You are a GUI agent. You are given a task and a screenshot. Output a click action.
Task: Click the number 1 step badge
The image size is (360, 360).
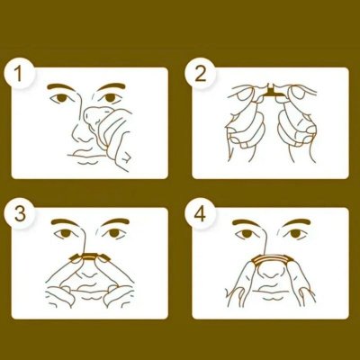[x=19, y=74]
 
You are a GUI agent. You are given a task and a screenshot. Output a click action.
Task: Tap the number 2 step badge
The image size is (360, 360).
[x=200, y=74]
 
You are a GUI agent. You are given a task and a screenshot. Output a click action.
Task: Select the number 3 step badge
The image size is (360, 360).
[x=20, y=213]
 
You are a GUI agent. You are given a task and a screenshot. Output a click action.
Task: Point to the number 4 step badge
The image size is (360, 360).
[x=200, y=213]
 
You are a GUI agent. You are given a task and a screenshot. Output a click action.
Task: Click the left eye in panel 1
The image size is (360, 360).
[x=61, y=98]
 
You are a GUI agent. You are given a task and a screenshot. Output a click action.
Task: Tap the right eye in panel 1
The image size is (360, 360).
[x=110, y=97]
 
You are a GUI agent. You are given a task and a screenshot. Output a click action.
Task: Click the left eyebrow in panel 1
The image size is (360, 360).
[x=60, y=86]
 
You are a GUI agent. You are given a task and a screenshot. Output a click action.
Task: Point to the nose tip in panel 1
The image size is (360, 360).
[x=80, y=138]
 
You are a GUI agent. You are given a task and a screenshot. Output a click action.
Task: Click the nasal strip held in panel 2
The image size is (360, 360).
[x=273, y=93]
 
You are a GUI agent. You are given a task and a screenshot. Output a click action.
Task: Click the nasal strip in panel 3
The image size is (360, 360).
[x=89, y=257]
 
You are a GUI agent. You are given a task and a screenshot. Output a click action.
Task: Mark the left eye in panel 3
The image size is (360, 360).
[x=64, y=233]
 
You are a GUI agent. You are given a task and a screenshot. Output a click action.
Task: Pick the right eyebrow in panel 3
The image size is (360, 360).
[x=115, y=223]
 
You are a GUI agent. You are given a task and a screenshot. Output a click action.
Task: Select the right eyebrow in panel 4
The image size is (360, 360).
[x=296, y=223]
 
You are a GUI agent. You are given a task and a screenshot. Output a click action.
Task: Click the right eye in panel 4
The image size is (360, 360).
[x=295, y=233]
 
